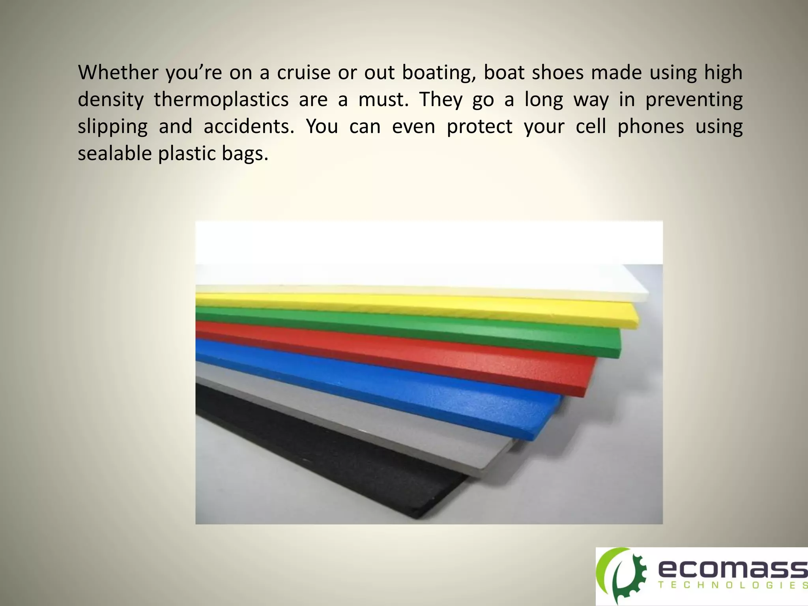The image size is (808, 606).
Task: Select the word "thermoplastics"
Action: [x=221, y=100]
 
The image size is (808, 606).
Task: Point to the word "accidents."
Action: [x=249, y=127]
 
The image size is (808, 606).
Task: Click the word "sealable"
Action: [x=114, y=153]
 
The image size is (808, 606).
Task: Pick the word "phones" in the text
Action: [x=651, y=127]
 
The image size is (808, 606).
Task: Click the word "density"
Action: [x=110, y=101]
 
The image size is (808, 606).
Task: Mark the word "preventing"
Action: [x=694, y=101]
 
